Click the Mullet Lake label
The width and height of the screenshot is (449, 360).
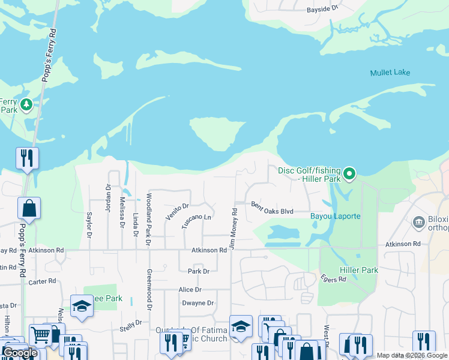click(x=390, y=73)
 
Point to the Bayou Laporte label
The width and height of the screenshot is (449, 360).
click(x=335, y=216)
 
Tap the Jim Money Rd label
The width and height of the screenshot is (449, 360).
click(x=234, y=229)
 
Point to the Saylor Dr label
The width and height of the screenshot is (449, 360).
click(x=89, y=224)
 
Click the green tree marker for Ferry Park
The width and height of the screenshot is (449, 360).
click(x=26, y=106)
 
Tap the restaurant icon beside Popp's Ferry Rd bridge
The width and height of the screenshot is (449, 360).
click(x=27, y=158)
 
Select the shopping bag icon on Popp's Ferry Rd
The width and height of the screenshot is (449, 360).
click(x=29, y=208)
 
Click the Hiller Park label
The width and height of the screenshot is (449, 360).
click(x=359, y=271)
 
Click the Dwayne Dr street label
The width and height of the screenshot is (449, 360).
click(x=198, y=303)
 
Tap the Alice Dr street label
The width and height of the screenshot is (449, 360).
click(x=189, y=289)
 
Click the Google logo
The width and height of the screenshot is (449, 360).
click(x=20, y=353)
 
